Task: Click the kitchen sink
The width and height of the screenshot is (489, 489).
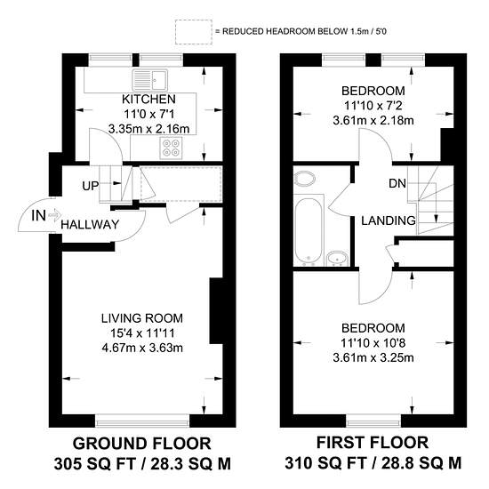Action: coord(150,80)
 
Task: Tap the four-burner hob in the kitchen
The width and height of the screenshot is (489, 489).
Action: coord(171,148)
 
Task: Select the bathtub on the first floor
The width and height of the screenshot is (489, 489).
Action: coord(309,231)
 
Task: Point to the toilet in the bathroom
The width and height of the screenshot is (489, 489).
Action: coord(305,179)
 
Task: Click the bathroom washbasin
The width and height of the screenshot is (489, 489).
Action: coord(337,259)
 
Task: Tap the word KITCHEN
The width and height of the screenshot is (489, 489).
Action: coord(148,100)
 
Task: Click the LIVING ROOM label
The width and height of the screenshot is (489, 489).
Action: coord(142,318)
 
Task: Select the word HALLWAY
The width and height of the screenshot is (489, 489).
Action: coord(90,225)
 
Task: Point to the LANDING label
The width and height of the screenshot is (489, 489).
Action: coord(389,220)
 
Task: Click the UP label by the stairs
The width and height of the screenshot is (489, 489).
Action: coord(90,186)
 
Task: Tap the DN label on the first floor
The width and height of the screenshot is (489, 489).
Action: coord(397,184)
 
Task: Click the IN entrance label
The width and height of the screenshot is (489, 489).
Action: coord(38,215)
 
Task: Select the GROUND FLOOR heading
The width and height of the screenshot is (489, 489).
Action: coord(142,444)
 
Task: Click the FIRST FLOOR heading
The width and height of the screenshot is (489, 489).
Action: coord(373,443)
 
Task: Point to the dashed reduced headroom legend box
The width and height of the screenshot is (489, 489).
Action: coord(194,32)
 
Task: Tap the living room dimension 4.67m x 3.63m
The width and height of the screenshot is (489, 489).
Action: coord(142,348)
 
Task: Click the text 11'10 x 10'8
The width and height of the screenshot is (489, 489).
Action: coord(373,343)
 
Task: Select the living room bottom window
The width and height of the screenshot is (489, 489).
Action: coord(142,421)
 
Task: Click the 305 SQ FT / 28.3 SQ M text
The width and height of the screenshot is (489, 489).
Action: coord(142,464)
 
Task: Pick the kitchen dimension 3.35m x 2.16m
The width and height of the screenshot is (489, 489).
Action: coord(148,129)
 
